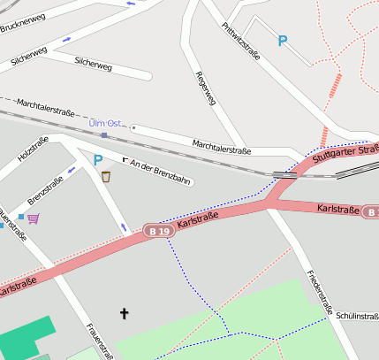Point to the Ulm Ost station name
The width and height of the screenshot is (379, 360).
(105, 123)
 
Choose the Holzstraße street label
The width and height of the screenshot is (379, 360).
(33, 150)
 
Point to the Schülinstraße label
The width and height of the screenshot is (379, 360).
(357, 316)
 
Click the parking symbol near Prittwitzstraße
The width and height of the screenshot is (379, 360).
(283, 41)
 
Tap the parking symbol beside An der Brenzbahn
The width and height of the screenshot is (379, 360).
(98, 158)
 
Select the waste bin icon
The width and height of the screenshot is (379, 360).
(106, 176)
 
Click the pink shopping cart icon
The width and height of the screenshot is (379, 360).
(33, 218)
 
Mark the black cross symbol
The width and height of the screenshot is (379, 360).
(124, 312)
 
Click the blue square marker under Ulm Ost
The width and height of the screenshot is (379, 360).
(104, 135)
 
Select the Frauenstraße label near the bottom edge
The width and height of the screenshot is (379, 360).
(98, 341)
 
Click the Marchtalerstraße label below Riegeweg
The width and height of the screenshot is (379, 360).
(221, 148)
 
